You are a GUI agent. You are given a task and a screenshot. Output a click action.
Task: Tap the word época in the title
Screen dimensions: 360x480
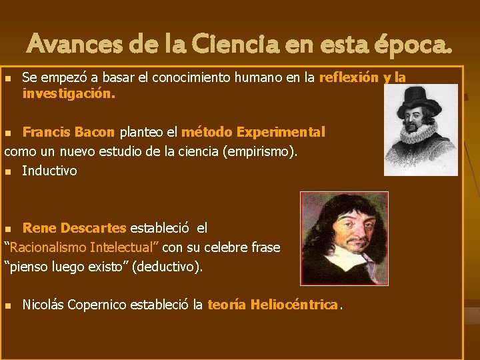[x=411, y=45]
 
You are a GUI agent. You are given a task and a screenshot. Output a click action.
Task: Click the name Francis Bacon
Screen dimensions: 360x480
[x=69, y=132]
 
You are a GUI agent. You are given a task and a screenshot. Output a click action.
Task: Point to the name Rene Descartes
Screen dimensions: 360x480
[x=74, y=229]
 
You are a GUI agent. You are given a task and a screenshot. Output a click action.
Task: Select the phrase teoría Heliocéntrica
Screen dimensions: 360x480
[x=273, y=305]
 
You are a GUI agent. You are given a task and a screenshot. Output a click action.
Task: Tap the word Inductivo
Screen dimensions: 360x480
[x=49, y=171]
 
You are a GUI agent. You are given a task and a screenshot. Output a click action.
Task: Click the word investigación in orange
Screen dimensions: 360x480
[x=67, y=94]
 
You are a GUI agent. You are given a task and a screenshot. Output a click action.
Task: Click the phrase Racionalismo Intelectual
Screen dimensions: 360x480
[x=82, y=248]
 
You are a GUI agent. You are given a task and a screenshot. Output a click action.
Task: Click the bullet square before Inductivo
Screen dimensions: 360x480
[x=8, y=171]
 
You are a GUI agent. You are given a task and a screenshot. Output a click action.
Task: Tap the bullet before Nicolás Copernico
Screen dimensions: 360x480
[x=8, y=306]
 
